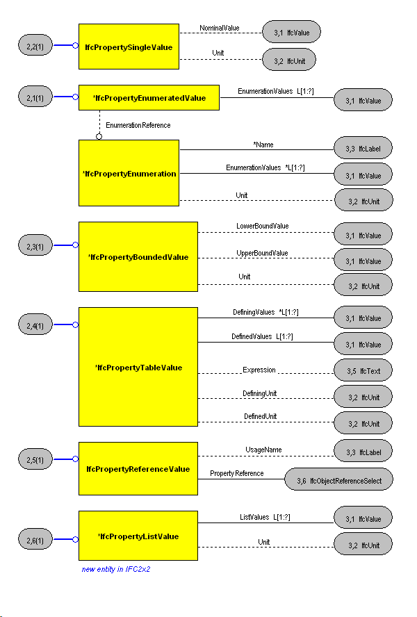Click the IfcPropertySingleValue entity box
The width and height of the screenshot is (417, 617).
click(x=129, y=47)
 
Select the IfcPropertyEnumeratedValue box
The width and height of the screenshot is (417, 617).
click(x=149, y=97)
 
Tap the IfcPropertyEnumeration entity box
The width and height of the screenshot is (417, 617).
click(x=129, y=173)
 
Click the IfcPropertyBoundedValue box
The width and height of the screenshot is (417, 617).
click(x=138, y=256)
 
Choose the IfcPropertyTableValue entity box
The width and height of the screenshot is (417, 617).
click(x=138, y=367)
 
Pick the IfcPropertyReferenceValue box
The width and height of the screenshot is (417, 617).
click(x=138, y=468)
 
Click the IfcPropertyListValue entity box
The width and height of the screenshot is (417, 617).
click(x=138, y=536)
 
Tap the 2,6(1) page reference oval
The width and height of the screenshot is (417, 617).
click(x=35, y=539)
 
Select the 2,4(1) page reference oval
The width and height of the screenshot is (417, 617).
click(x=35, y=324)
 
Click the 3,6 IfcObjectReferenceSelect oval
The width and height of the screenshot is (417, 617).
click(x=338, y=479)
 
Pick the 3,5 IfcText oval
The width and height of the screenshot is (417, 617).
click(x=363, y=370)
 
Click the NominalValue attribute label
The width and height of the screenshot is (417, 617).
click(x=220, y=28)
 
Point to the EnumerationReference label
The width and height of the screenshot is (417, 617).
click(x=138, y=125)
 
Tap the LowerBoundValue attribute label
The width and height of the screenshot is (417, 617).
click(x=262, y=226)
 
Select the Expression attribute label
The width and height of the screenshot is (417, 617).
click(x=259, y=370)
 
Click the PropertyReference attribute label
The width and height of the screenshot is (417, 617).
click(x=237, y=473)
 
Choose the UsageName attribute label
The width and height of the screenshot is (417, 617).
click(x=263, y=450)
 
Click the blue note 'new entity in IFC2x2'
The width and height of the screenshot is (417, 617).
click(x=116, y=569)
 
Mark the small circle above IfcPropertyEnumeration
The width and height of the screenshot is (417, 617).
click(x=99, y=137)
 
